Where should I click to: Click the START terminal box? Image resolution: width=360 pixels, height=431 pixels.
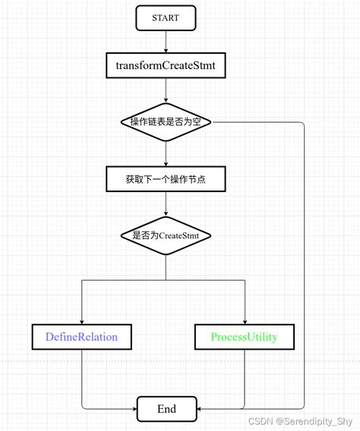point(166,18)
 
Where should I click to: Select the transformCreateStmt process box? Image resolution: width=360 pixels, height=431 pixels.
point(166,65)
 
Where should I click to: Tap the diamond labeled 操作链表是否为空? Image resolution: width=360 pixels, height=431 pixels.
point(166,121)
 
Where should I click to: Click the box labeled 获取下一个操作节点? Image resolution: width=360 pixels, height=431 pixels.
point(166,179)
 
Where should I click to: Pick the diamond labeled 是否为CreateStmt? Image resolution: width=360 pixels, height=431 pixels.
point(166,236)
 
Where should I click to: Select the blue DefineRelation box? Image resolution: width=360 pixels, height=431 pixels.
point(81,336)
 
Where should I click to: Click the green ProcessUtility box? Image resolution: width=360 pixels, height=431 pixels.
point(245,336)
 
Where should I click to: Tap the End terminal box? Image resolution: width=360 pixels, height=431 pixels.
point(166,409)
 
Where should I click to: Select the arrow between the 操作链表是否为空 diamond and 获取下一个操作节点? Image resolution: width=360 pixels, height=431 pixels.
point(166,153)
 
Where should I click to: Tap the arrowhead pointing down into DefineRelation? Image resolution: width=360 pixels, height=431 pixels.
point(81,321)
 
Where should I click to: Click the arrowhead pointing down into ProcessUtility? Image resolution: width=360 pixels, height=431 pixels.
point(245,321)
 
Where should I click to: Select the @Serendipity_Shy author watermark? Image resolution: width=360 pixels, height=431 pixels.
point(314,420)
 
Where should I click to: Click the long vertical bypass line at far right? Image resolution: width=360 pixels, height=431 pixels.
point(304,266)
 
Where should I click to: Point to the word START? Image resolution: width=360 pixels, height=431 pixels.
point(166,18)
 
